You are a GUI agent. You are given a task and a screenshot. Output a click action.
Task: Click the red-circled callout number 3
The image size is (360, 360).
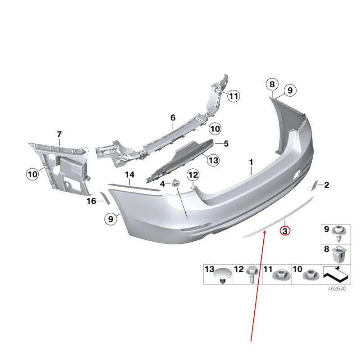pos(285,231)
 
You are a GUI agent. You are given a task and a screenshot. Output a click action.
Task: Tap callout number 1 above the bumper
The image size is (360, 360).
pos(251,162)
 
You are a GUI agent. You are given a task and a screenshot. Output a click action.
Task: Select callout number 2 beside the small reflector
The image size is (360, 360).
pos(327,185)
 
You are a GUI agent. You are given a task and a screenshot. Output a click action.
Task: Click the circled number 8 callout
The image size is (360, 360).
pos(272,84)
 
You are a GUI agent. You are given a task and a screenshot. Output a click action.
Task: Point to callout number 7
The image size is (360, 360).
pos(59,134)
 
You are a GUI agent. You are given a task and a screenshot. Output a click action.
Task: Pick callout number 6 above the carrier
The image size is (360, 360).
pos(173,117)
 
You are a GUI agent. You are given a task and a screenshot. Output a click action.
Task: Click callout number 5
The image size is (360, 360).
pos(226,144)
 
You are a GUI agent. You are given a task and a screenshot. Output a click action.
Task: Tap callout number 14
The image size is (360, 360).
pos(130,175)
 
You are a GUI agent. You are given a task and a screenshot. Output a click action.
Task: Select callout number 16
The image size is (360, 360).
pos(91,201)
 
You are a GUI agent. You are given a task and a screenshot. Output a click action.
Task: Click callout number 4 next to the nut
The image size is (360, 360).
pos(162,184)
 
